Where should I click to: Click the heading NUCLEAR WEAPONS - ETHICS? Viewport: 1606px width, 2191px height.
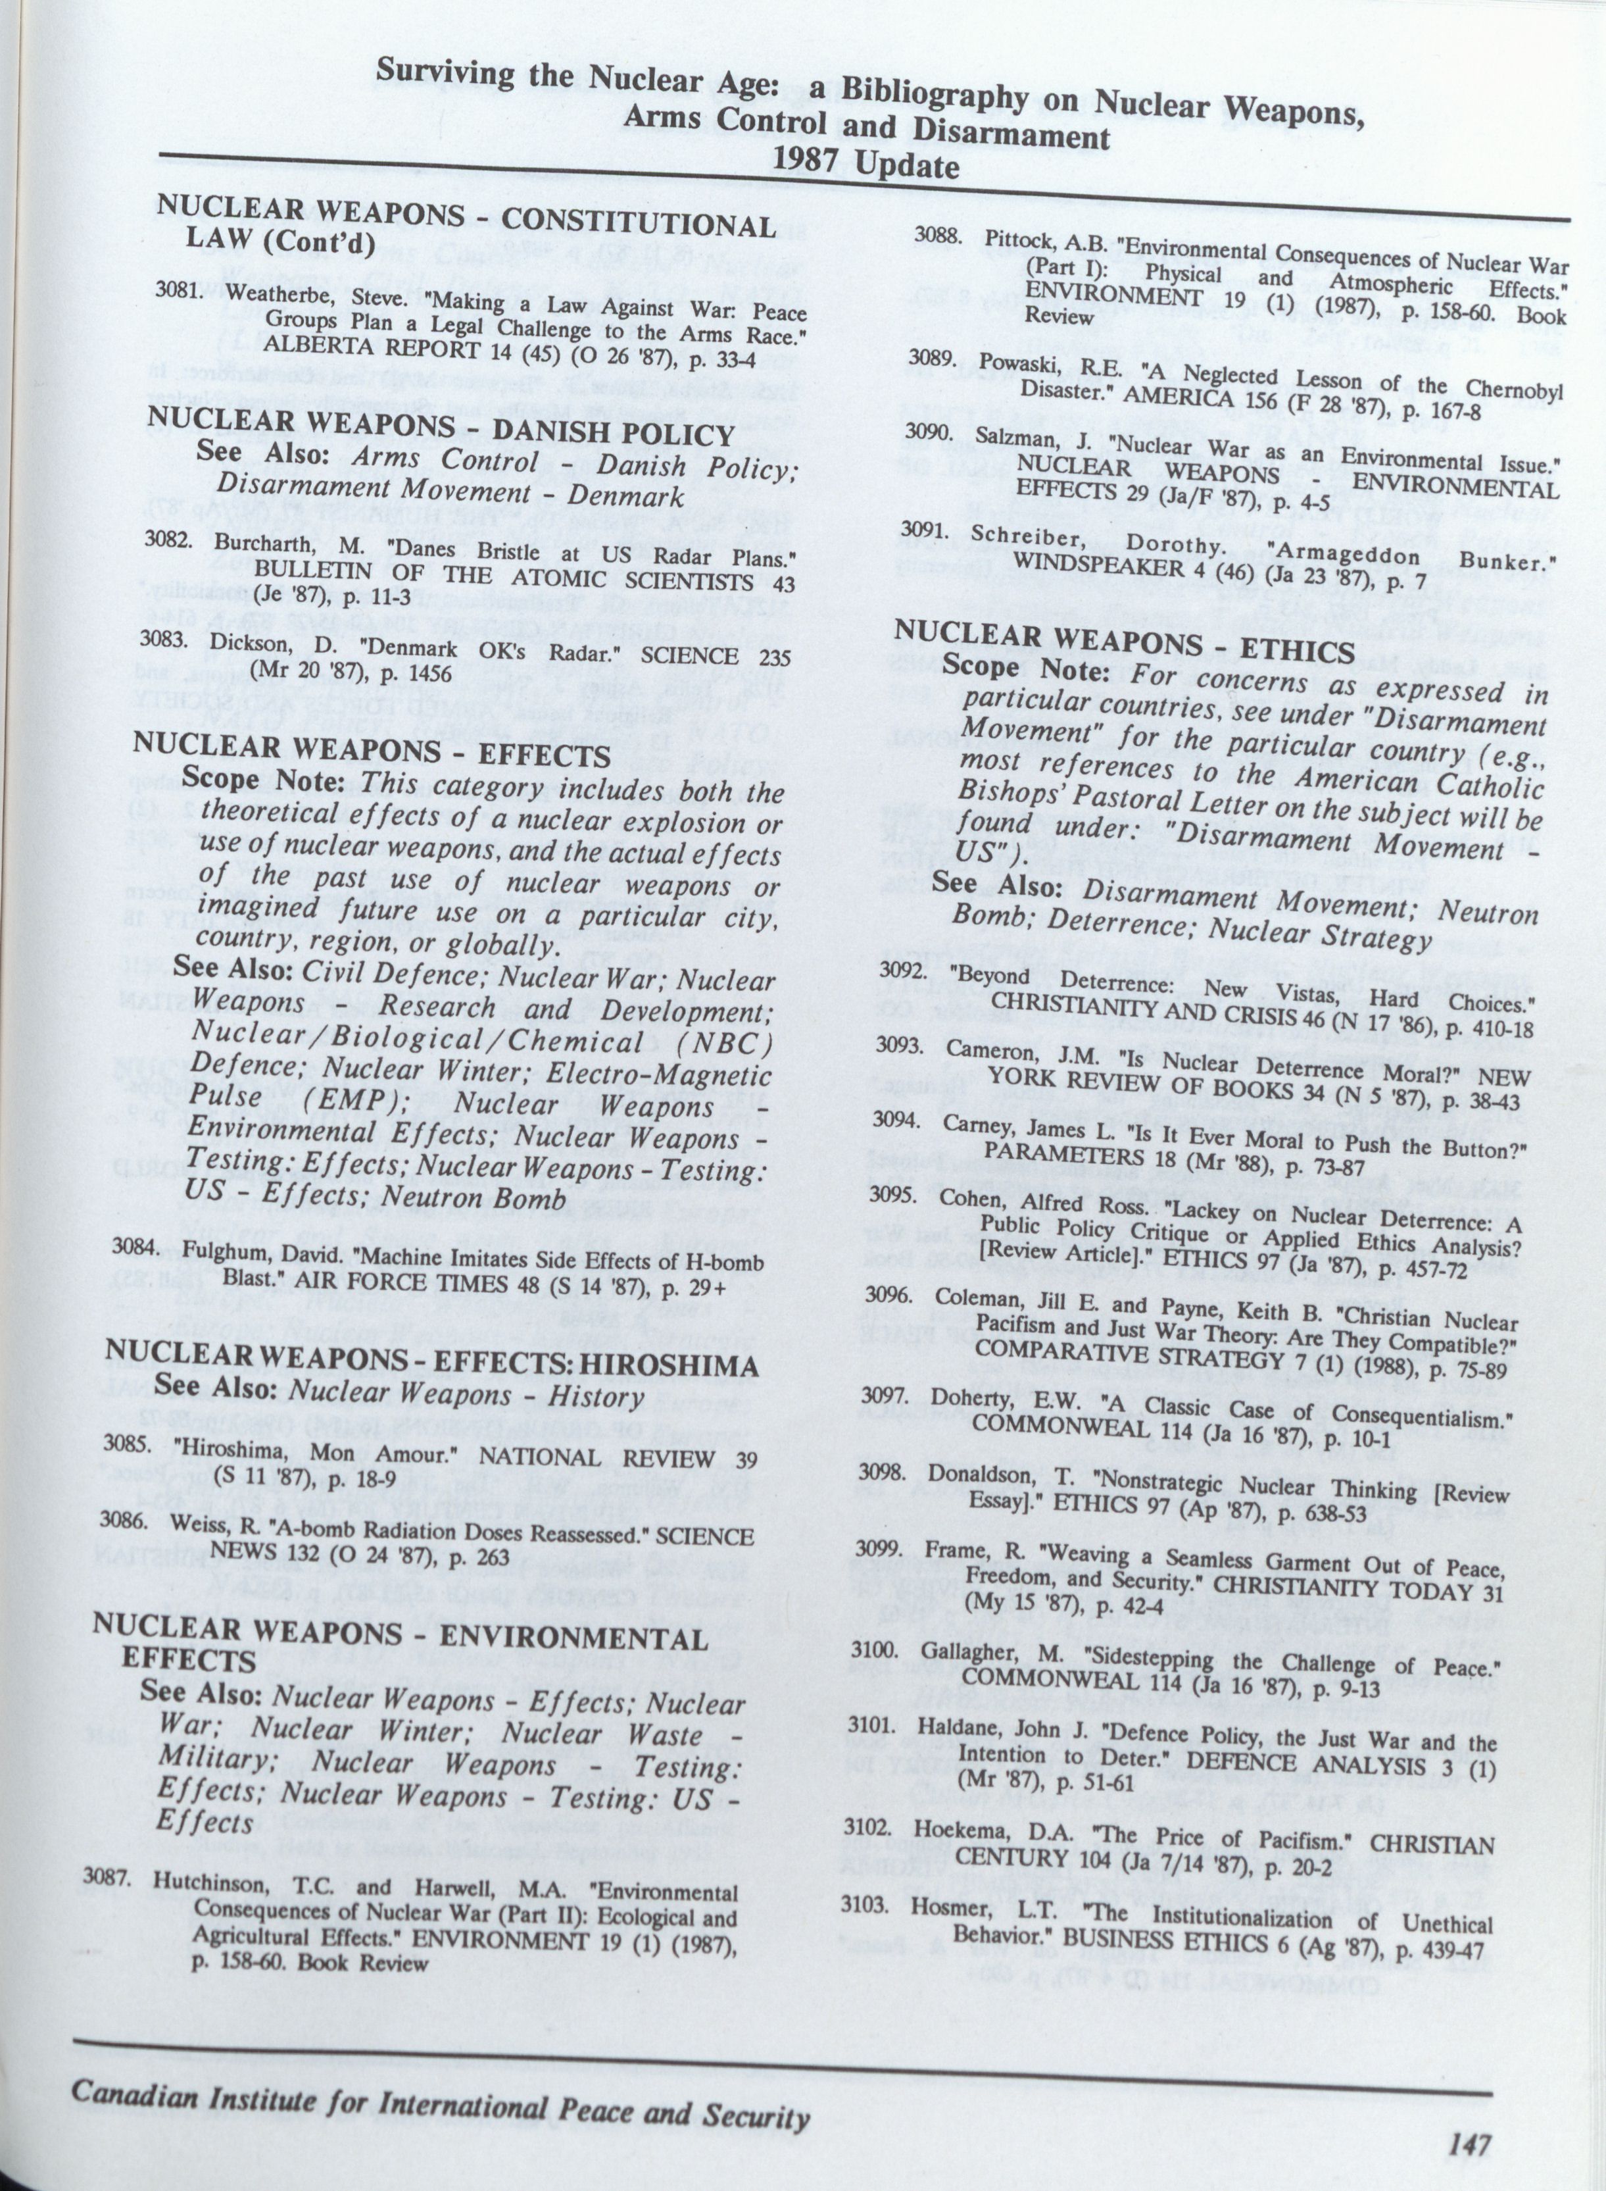[1124, 643]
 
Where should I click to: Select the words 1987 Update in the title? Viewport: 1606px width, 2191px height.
[866, 163]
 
